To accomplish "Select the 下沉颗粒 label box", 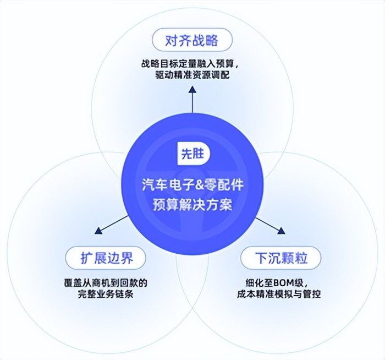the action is click(x=280, y=257).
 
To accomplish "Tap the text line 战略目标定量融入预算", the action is click(x=192, y=63).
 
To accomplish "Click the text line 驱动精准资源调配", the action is click(x=192, y=75).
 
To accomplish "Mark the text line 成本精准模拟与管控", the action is click(x=280, y=294).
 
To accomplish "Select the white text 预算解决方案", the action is click(x=193, y=206).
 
